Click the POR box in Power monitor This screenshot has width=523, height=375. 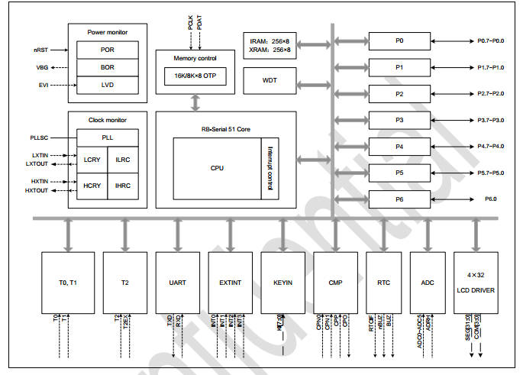click(x=108, y=50)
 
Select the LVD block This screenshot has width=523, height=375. click(x=108, y=85)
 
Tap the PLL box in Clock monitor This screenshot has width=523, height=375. click(x=107, y=137)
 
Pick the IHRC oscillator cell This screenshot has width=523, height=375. click(x=123, y=186)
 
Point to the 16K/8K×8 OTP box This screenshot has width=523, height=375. click(x=195, y=77)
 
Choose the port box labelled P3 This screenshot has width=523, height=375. click(x=399, y=120)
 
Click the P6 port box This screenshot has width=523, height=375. click(x=399, y=199)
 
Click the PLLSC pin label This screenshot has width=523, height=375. click(x=39, y=137)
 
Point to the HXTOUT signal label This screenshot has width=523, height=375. click(x=37, y=190)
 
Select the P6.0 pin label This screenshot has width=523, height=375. click(x=490, y=199)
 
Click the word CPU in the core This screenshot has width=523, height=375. click(x=216, y=168)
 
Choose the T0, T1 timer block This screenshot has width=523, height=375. click(x=68, y=283)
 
